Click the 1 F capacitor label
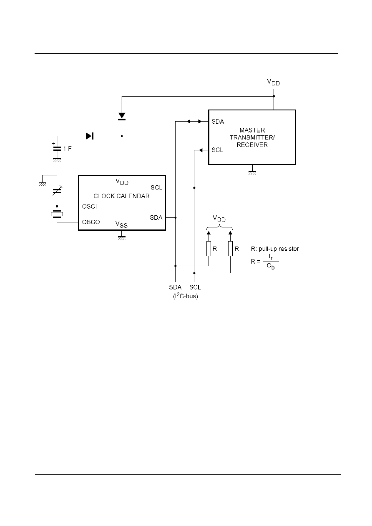pos(67,148)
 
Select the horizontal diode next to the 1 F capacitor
pos(90,136)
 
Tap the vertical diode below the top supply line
pos(122,117)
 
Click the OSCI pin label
pos(89,207)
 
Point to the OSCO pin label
pos(91,222)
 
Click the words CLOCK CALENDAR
pos(122,196)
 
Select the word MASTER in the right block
pos(252,130)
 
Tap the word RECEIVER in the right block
pos(252,145)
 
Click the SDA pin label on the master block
pos(218,122)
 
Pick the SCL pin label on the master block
pos(217,150)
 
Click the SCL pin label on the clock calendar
pos(156,188)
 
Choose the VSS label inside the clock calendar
pos(121,224)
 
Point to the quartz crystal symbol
pos(57,214)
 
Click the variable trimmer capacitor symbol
pos(57,191)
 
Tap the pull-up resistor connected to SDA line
pos(209,249)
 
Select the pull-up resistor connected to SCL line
pos(231,249)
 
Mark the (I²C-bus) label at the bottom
pos(186,296)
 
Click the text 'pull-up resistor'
pos(279,249)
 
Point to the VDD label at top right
pos(273,82)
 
